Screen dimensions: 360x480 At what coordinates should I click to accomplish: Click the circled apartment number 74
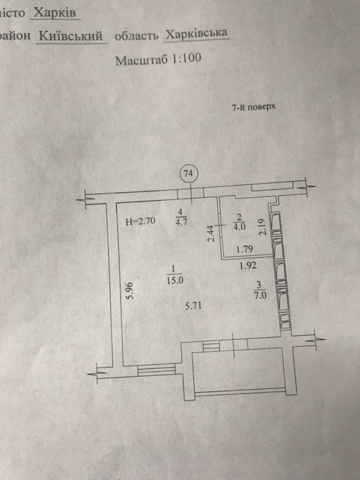coord(189,174)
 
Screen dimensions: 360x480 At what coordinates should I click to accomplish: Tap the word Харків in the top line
coord(55,12)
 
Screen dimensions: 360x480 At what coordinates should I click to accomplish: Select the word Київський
coord(71,36)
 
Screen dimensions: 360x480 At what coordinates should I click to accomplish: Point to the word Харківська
coord(196,34)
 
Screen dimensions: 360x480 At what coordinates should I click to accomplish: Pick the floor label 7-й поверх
coord(254,107)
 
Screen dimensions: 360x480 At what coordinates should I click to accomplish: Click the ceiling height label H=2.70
coord(141,221)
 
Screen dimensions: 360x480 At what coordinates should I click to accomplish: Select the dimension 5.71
coord(193,305)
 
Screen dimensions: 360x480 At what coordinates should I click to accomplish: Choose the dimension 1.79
coord(245,249)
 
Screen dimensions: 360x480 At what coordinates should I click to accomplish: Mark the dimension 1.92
coord(248,265)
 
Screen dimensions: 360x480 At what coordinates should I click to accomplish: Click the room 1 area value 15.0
coord(175,280)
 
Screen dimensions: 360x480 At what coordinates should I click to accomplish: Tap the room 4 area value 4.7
coord(180,221)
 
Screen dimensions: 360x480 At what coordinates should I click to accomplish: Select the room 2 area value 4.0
coord(239,227)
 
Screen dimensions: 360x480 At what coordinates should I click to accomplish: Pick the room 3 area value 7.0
coord(259,295)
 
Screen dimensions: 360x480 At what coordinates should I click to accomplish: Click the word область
coord(137,36)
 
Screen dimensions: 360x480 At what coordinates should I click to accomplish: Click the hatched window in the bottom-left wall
coord(156,370)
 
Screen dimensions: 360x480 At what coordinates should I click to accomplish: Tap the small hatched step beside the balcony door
coord(212,346)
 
